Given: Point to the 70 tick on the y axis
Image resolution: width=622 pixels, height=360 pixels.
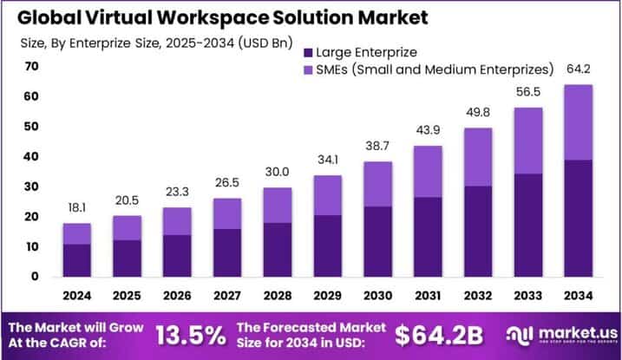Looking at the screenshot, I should click(x=32, y=67).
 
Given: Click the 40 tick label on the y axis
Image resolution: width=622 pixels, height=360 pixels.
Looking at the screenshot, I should click(x=32, y=157).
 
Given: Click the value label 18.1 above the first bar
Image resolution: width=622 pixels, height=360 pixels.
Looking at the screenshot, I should click(x=77, y=208).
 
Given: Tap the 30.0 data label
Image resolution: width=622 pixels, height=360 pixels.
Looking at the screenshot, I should click(x=278, y=173).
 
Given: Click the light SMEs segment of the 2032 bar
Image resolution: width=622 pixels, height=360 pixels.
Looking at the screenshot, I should click(x=477, y=157).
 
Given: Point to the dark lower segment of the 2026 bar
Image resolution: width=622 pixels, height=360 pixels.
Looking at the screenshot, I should click(x=177, y=255).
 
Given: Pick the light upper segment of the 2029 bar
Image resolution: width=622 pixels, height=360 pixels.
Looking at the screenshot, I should click(x=327, y=195).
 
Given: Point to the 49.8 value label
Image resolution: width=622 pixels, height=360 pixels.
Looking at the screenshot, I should click(x=477, y=113).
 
